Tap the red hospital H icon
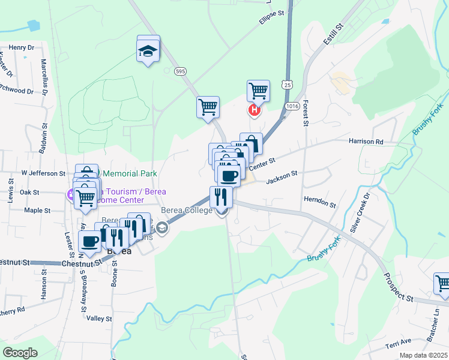255,110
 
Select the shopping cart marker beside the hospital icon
258,91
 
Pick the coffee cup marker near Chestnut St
90,241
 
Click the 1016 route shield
292,106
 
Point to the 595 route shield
181,71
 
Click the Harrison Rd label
366,142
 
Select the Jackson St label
282,176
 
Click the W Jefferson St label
43,173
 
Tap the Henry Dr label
22,47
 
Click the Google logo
20,352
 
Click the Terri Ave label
399,341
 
